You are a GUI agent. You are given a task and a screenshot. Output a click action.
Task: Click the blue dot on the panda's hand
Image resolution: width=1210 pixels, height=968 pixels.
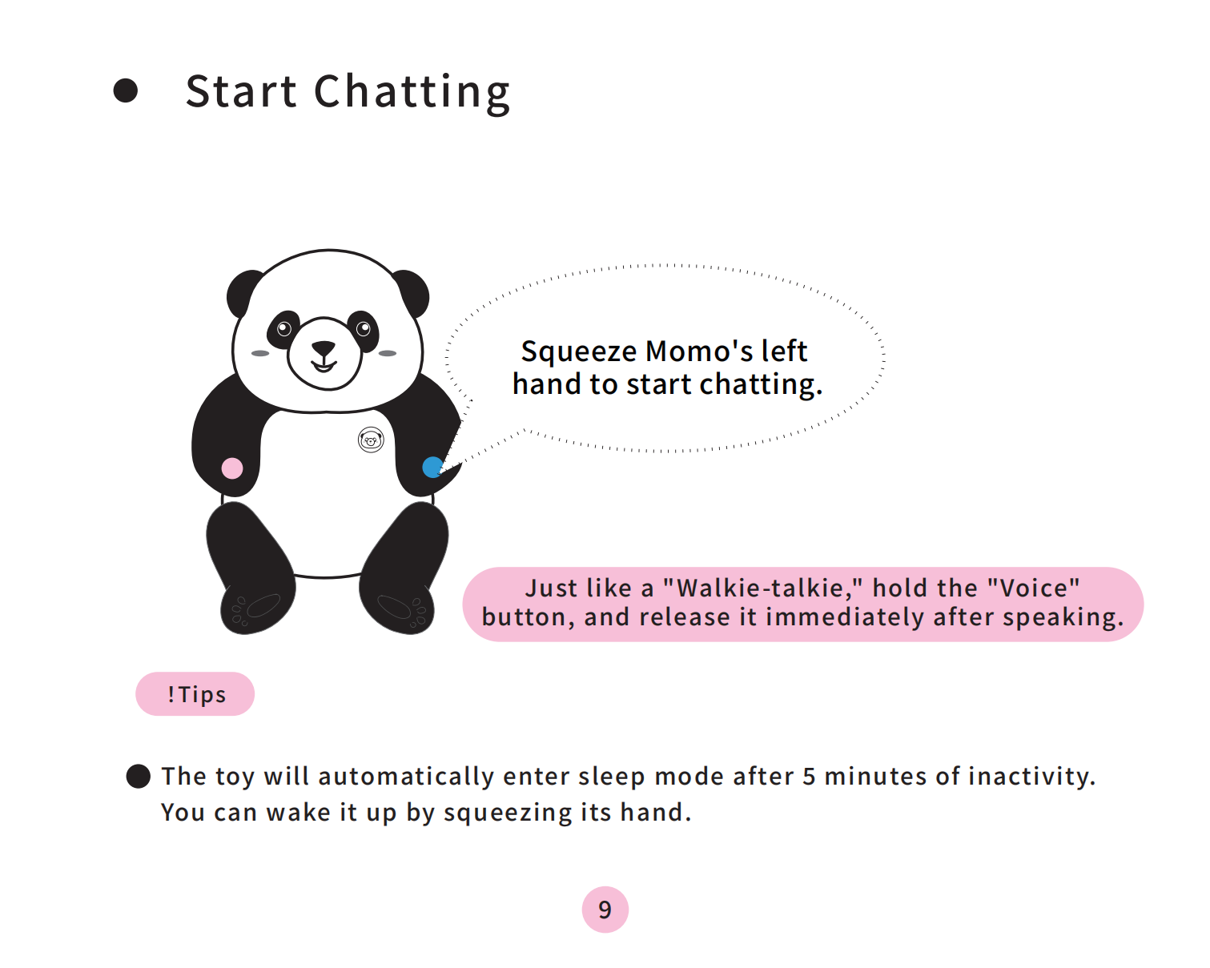(x=432, y=467)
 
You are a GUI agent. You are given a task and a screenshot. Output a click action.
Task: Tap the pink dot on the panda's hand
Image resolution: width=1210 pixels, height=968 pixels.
(x=231, y=468)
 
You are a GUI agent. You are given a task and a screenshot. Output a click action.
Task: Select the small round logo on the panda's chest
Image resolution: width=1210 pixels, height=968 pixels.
(x=371, y=440)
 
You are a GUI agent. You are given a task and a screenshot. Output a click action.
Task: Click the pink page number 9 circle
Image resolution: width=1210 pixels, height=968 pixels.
(x=605, y=910)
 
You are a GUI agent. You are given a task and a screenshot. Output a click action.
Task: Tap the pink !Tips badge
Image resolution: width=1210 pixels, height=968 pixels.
(x=195, y=693)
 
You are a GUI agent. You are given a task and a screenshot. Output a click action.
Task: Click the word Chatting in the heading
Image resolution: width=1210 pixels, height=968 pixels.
(x=412, y=93)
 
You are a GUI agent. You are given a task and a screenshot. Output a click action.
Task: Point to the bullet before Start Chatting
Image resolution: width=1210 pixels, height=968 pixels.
(x=126, y=90)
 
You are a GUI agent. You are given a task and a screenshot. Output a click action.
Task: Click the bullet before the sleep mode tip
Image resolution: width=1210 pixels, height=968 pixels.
(x=139, y=777)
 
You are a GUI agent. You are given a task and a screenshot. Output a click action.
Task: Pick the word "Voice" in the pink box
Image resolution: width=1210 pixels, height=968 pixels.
(x=1034, y=588)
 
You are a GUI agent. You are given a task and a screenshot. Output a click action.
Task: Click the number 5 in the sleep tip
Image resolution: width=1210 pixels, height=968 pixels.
(x=809, y=777)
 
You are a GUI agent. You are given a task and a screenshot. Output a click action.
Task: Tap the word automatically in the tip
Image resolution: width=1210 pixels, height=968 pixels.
(x=406, y=777)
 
